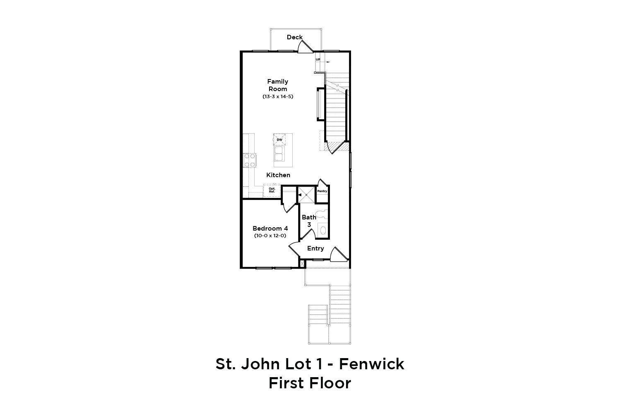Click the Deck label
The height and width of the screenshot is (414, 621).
[294, 37]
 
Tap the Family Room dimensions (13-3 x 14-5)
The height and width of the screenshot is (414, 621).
[278, 96]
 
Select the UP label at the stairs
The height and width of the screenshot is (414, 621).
[318, 60]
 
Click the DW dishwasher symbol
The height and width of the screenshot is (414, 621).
[279, 140]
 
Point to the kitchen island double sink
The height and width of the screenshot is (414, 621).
[279, 154]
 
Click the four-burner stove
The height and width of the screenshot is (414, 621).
[250, 160]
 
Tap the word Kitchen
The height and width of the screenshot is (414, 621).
[278, 175]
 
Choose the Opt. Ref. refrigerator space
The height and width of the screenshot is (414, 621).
[272, 190]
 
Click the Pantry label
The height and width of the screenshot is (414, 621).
[322, 191]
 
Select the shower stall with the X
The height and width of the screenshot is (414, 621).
[306, 195]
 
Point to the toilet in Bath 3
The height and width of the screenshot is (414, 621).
[323, 214]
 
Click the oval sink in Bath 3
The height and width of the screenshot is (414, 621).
[323, 230]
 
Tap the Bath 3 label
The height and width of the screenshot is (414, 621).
[309, 221]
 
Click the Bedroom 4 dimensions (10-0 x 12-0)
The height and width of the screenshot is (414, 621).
[270, 236]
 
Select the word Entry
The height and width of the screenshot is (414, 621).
[315, 248]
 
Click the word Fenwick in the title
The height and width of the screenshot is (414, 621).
[371, 364]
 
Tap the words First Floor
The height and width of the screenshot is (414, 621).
[310, 383]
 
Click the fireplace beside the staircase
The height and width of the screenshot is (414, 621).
[320, 104]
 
